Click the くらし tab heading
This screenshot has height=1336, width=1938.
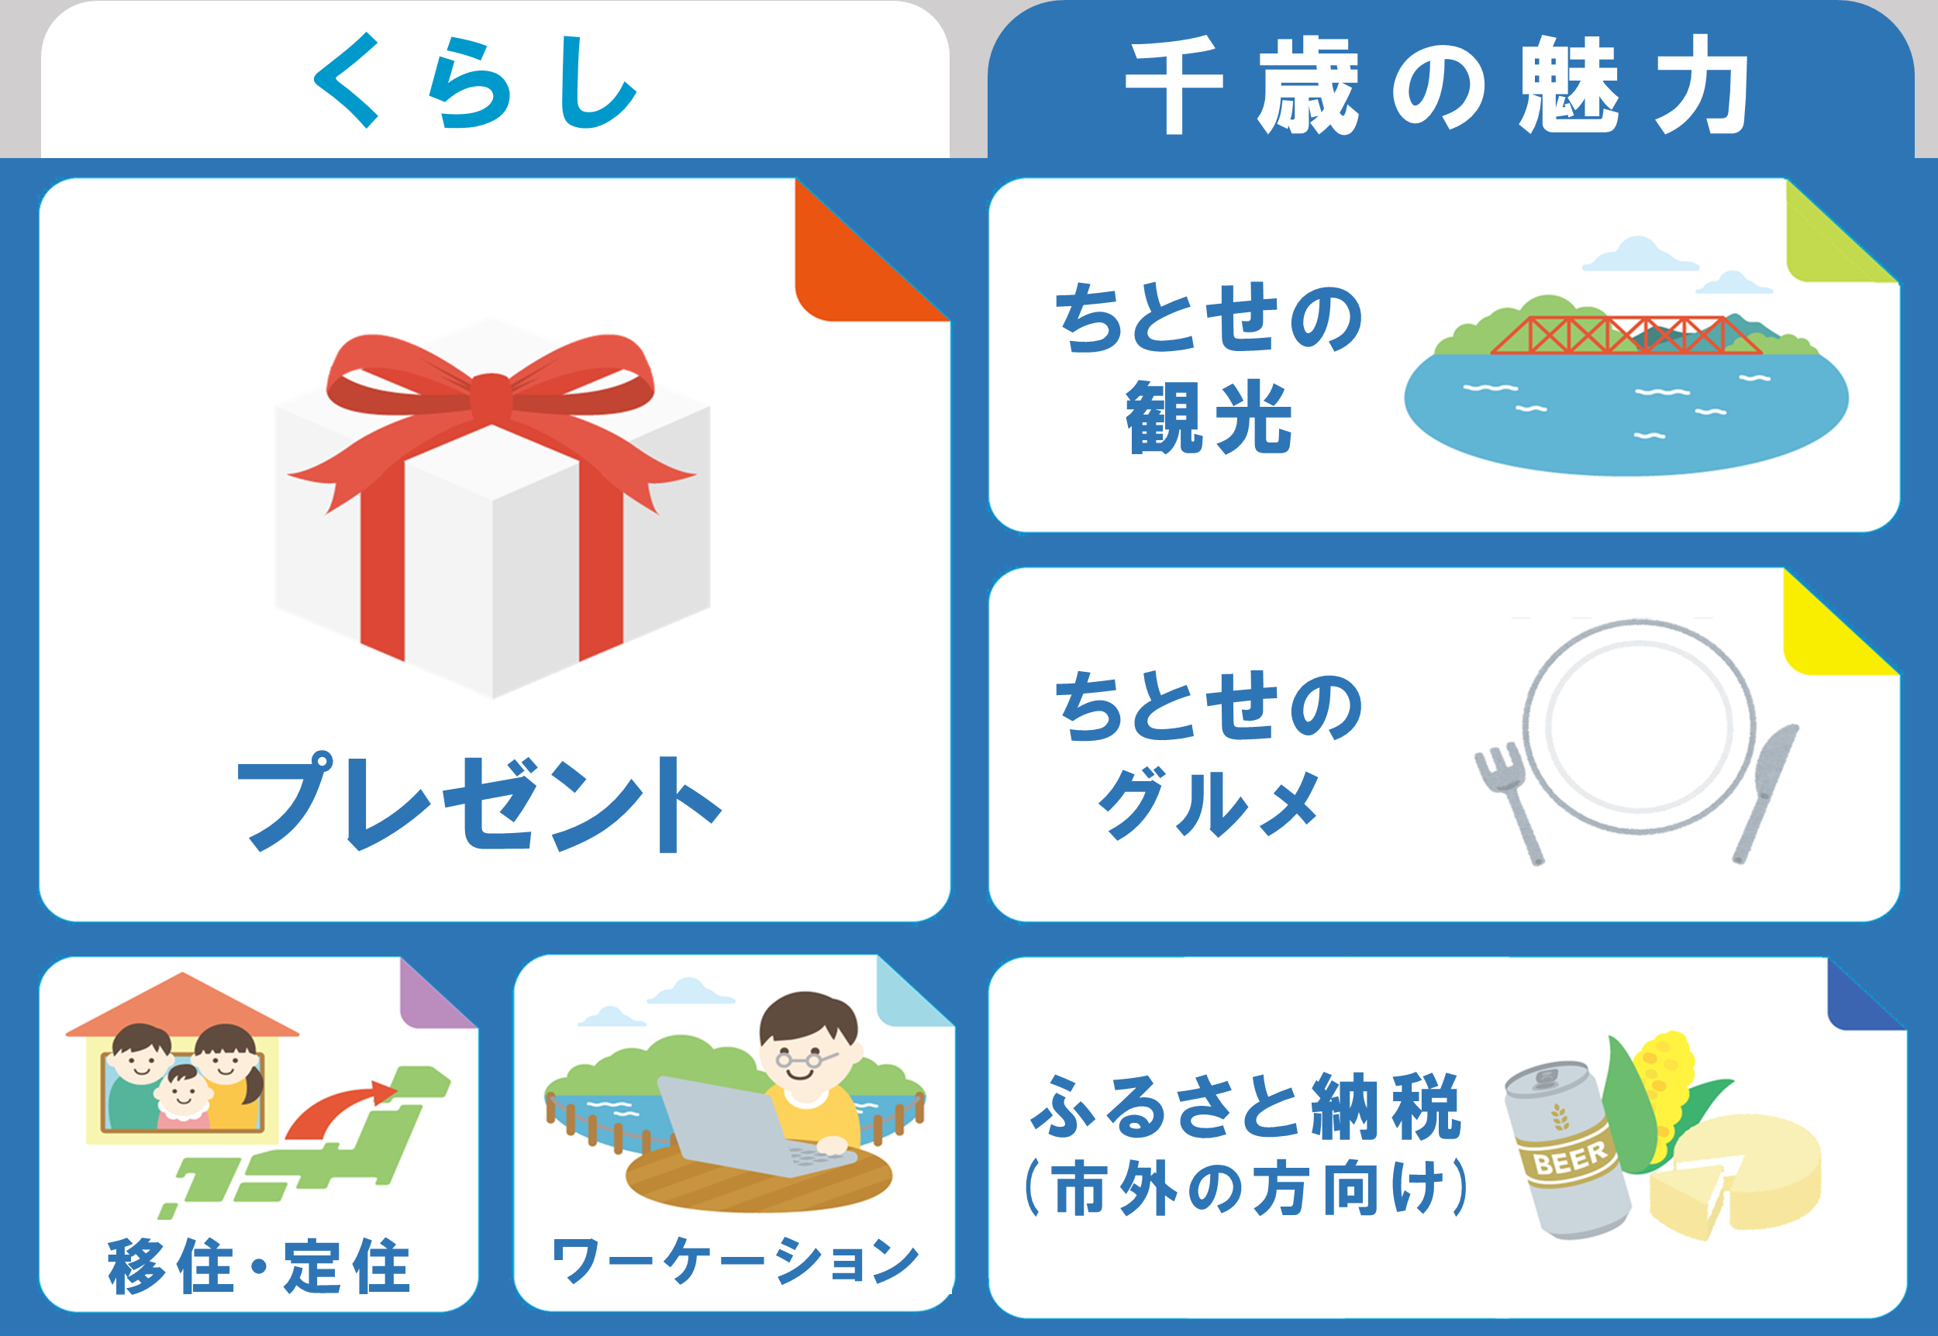tap(475, 81)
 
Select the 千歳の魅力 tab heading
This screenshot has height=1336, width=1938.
tap(1436, 84)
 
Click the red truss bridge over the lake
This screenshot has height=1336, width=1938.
tap(1626, 335)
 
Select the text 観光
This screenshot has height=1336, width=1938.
tap(1209, 417)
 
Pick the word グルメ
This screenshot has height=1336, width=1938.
tap(1209, 804)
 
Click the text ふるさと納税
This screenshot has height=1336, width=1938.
tap(1246, 1107)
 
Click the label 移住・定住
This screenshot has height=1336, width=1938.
tap(260, 1265)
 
